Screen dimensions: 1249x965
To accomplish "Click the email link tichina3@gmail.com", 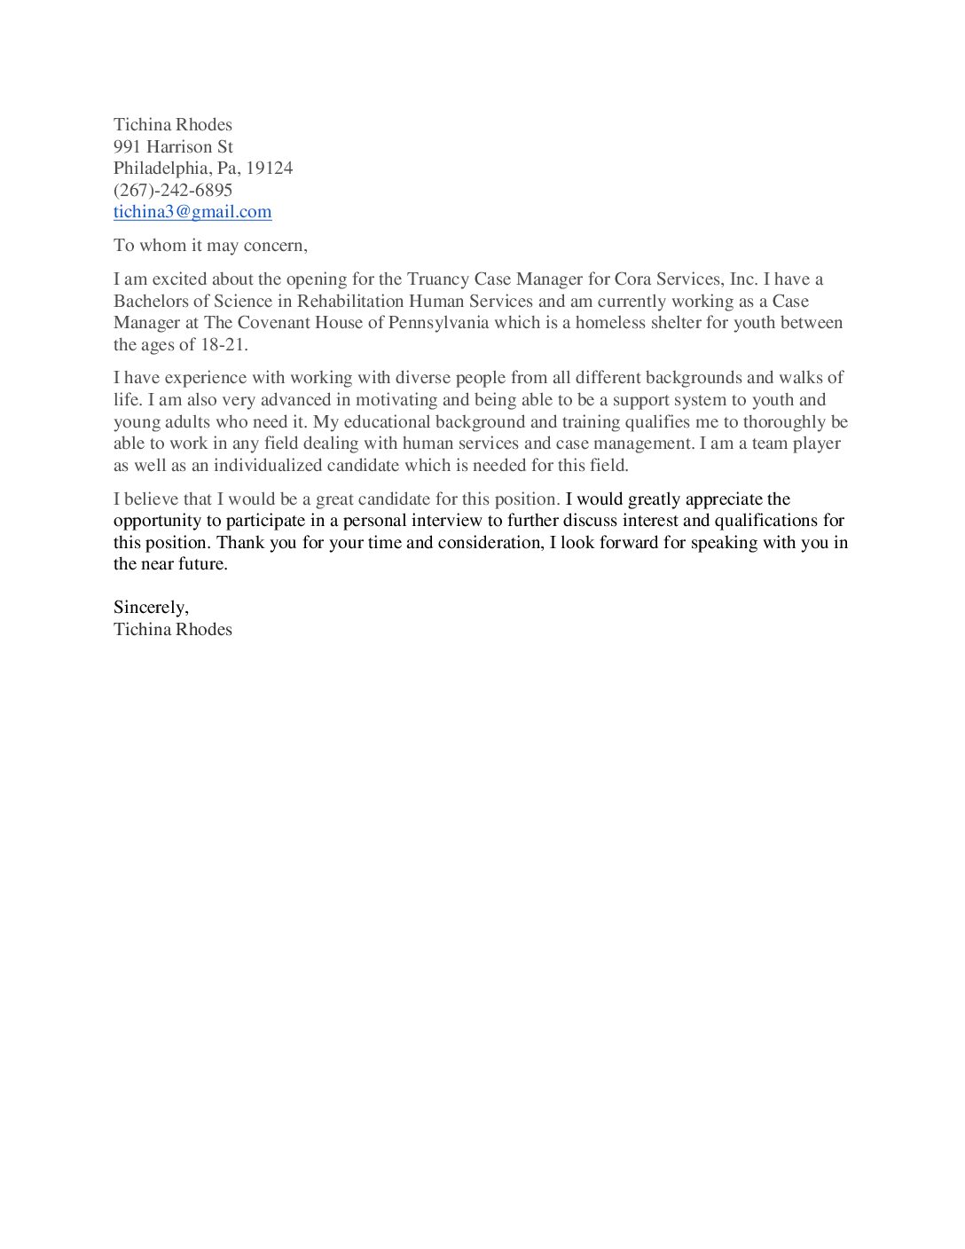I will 192,212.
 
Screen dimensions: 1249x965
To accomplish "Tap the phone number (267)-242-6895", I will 173,190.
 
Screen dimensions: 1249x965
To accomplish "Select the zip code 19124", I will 270,169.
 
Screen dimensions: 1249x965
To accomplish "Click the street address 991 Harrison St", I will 173,146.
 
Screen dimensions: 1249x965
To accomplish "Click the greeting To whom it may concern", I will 210,246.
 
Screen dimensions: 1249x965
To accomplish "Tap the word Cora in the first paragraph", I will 632,279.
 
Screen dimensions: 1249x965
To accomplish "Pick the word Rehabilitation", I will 350,302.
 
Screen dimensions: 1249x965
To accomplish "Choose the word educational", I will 387,422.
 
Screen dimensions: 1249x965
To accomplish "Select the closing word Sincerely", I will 150,608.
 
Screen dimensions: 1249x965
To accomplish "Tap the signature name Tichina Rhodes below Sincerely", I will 173,630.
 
